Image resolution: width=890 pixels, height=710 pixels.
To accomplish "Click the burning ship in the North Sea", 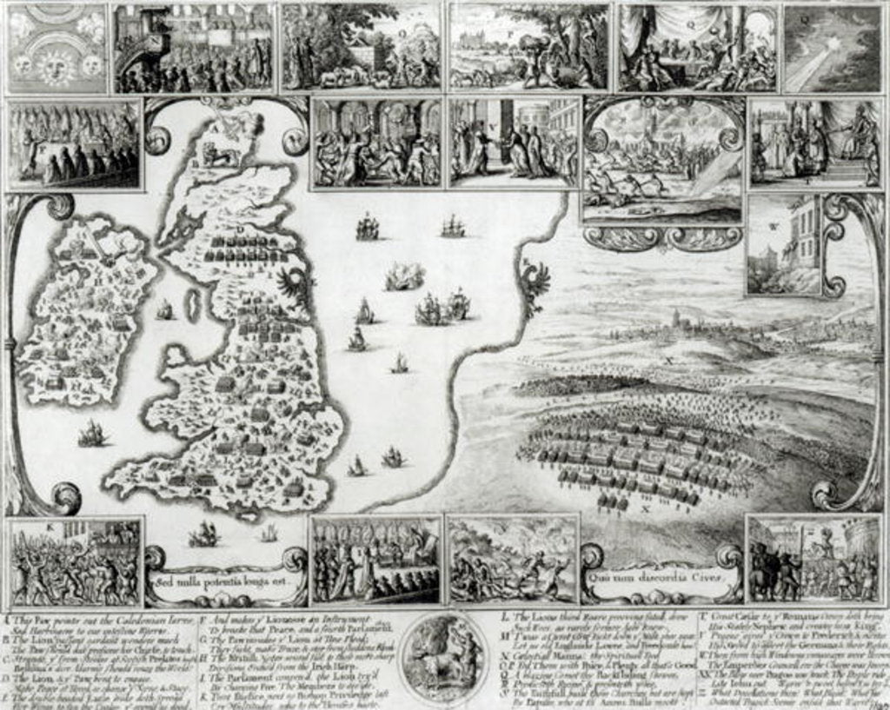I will [404, 277].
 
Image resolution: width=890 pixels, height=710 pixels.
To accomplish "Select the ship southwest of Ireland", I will [91, 433].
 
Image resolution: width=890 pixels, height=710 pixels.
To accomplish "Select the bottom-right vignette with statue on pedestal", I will [814, 561].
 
